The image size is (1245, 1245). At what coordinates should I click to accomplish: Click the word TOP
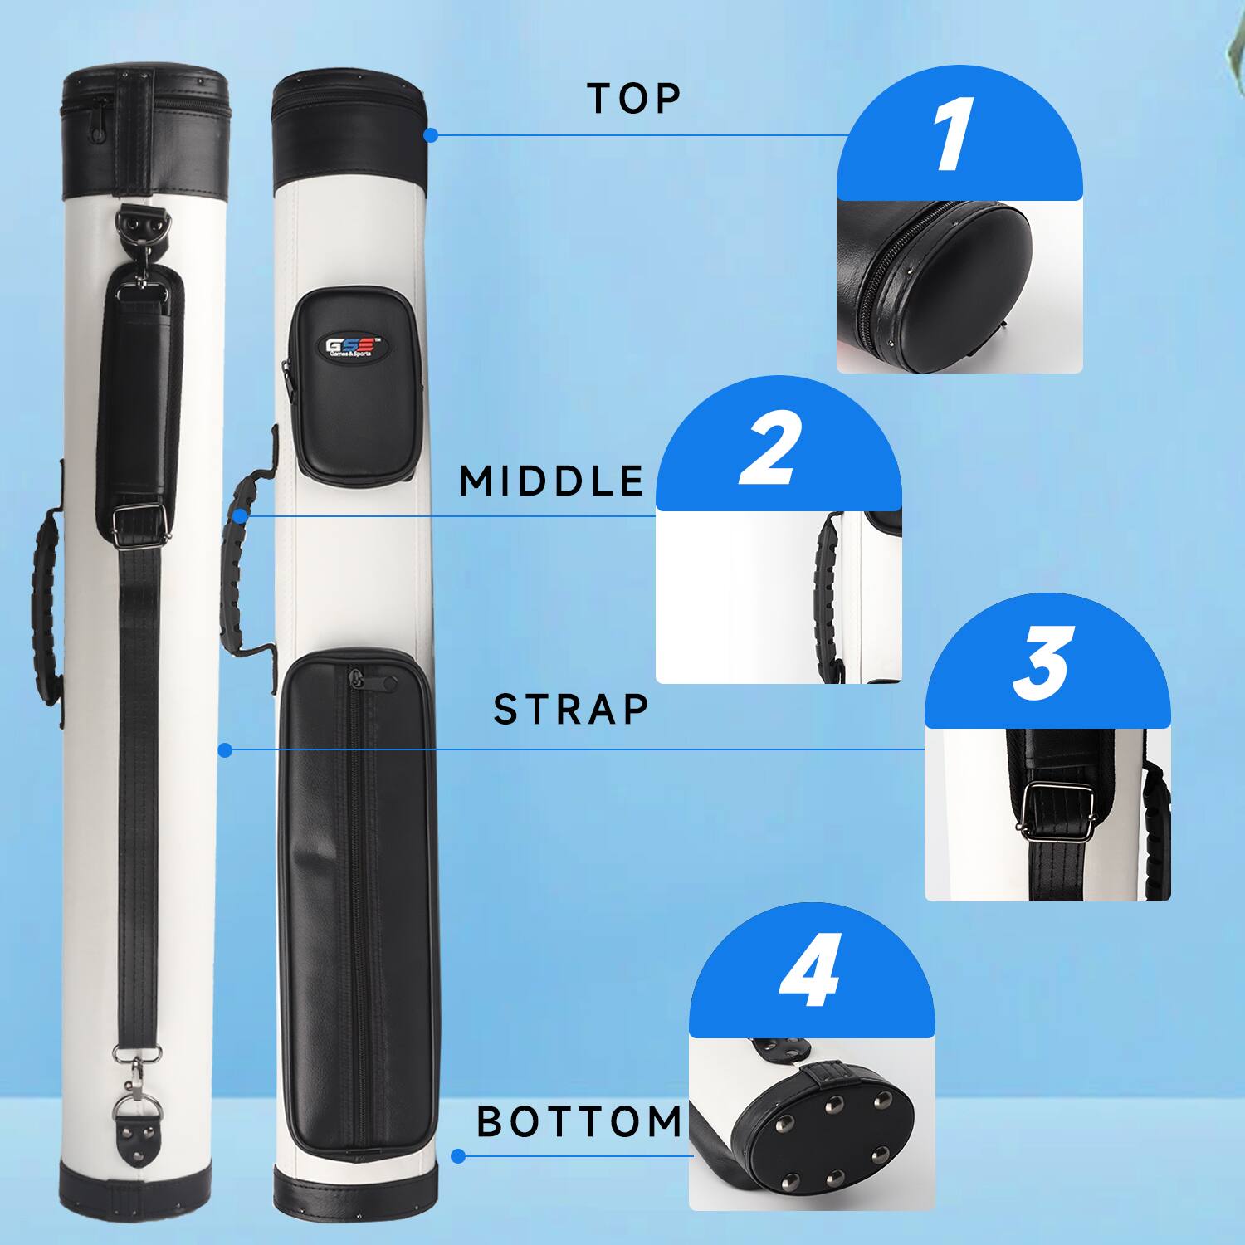[634, 98]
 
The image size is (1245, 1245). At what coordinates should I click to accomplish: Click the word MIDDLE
[552, 481]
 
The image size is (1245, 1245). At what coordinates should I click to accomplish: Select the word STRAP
[571, 710]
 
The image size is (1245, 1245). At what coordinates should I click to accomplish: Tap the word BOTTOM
[579, 1122]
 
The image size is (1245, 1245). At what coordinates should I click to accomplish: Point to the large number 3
[1044, 663]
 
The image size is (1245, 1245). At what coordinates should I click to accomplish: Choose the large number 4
[808, 971]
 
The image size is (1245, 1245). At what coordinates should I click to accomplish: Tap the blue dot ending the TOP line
[430, 134]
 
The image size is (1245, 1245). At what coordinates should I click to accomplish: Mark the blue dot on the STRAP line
[225, 750]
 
